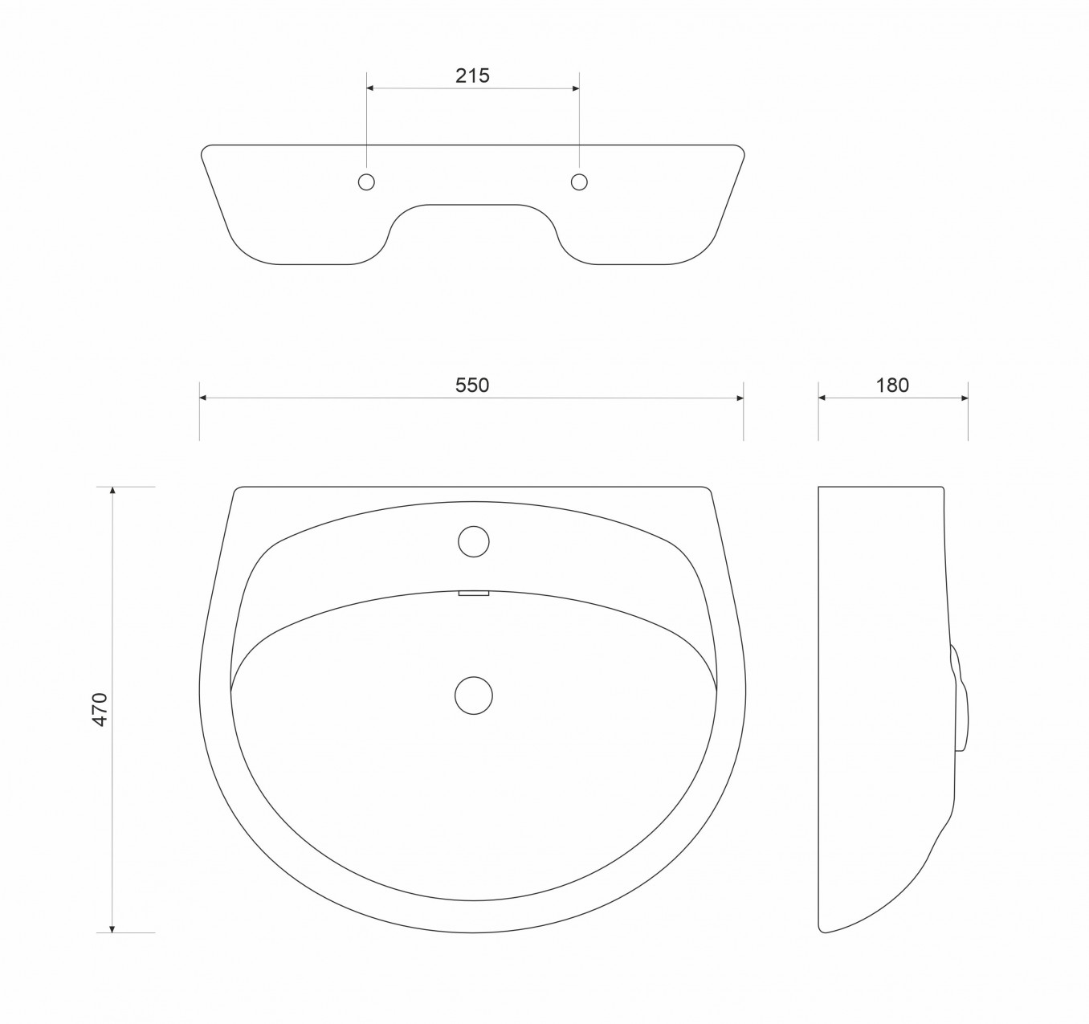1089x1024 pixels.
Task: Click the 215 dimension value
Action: click(x=472, y=75)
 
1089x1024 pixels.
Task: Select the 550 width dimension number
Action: click(x=472, y=385)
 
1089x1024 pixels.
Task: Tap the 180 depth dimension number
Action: click(x=892, y=385)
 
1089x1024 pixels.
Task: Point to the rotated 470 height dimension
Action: click(x=101, y=710)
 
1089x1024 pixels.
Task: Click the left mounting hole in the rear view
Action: click(x=366, y=182)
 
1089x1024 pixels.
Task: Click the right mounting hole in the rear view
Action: click(x=579, y=182)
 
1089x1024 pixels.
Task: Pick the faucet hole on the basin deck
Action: click(x=474, y=541)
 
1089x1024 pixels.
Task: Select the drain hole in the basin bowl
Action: click(x=474, y=696)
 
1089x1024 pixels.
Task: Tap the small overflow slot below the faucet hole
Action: click(x=474, y=593)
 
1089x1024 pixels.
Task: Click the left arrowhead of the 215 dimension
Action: click(x=370, y=88)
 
